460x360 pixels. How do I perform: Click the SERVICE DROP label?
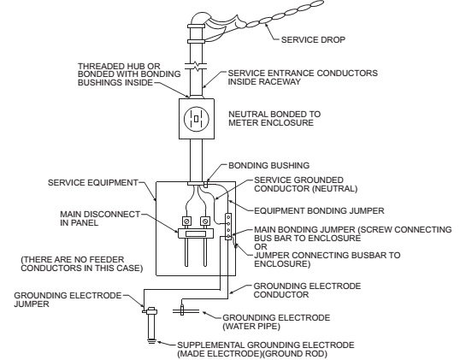(313, 39)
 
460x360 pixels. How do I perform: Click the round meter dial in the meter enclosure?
(197, 119)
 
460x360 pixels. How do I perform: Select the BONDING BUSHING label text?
(268, 166)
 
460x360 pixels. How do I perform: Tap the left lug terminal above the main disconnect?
(187, 221)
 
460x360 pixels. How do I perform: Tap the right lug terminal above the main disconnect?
(205, 221)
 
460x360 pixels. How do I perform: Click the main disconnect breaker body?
(196, 233)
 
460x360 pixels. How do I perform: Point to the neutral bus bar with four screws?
(228, 227)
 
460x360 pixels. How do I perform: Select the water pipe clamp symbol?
(182, 310)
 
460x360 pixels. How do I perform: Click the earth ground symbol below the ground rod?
(151, 341)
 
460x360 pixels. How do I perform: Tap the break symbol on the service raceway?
(196, 66)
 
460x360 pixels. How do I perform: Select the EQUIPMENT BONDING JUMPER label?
(319, 211)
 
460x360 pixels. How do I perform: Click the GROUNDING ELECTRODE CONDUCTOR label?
(307, 290)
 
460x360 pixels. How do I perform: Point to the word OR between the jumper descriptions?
(261, 247)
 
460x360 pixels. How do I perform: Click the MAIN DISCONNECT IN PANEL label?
(100, 219)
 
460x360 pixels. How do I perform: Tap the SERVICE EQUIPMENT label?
(92, 183)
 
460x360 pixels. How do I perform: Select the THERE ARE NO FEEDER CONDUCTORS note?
(82, 263)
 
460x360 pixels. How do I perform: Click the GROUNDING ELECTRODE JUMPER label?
(68, 299)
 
